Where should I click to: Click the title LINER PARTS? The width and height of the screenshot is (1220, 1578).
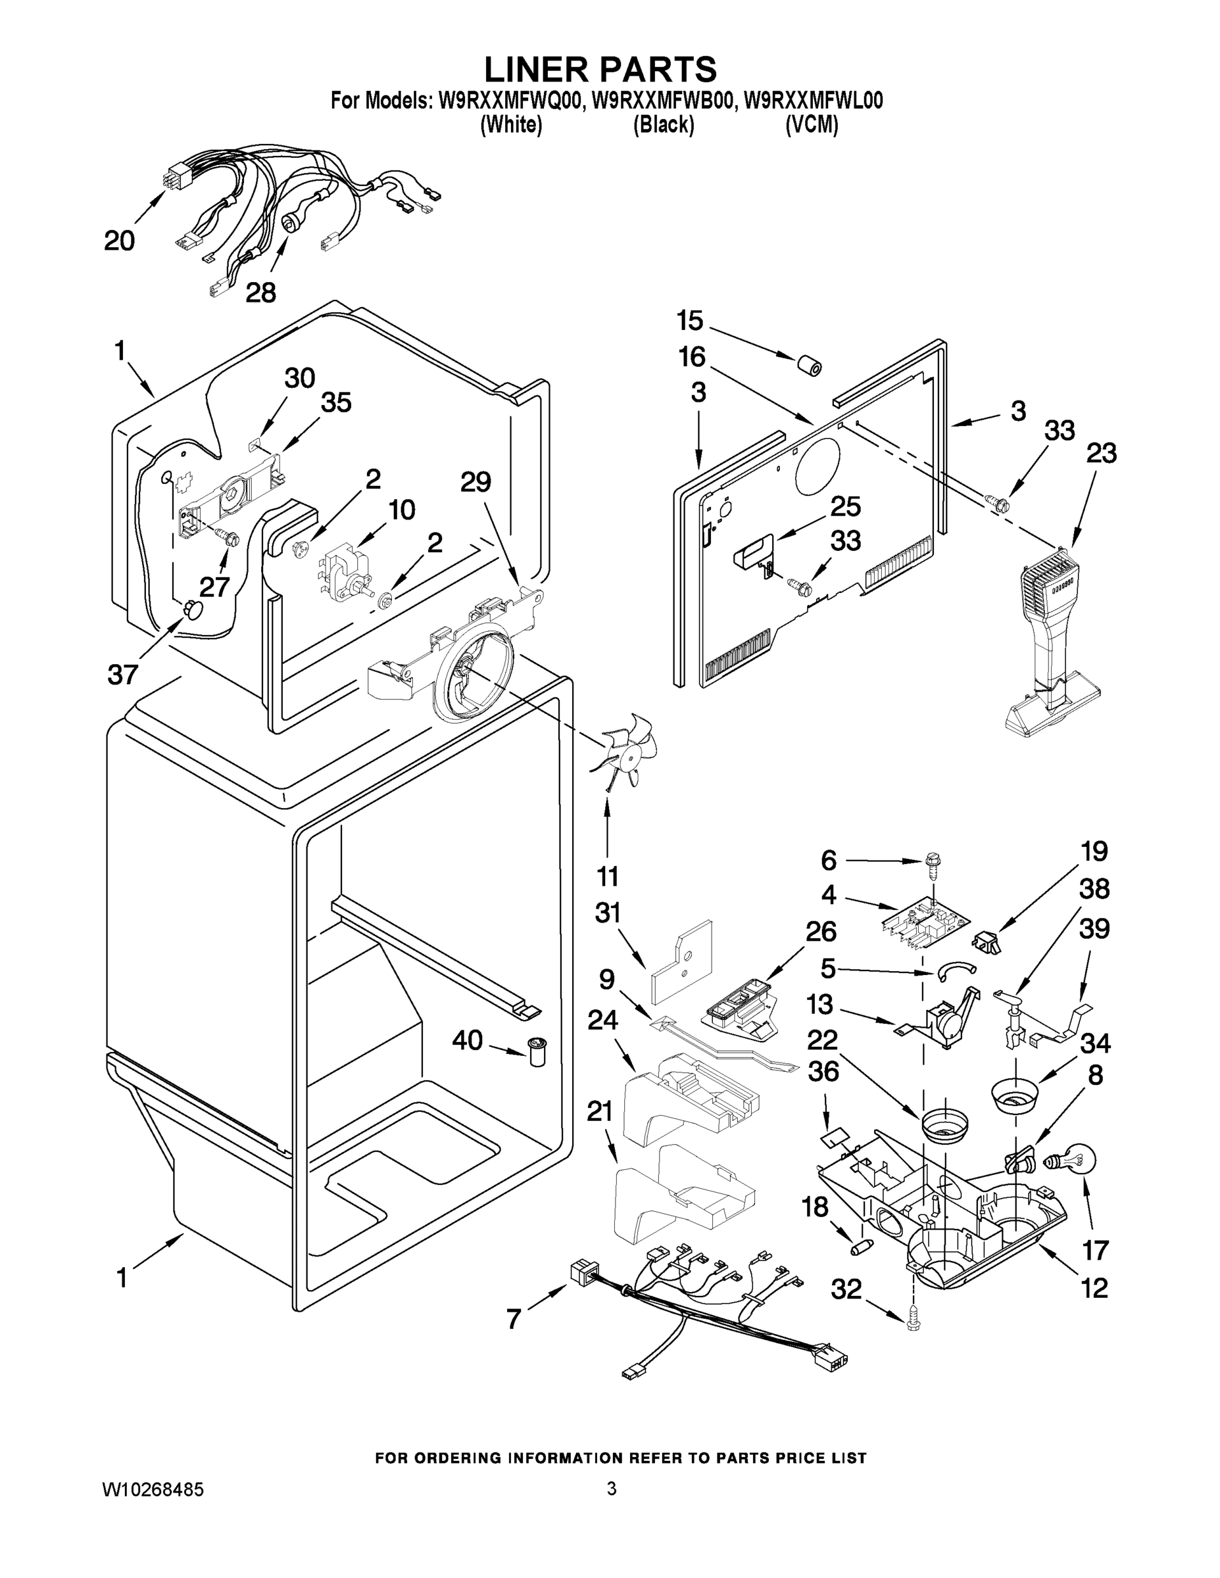tap(600, 70)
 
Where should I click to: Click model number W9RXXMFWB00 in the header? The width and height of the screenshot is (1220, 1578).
tap(662, 101)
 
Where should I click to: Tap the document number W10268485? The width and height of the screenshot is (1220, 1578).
tap(153, 1489)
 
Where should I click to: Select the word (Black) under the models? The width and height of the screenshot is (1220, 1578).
tap(664, 125)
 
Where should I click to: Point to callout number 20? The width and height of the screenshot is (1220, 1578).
tap(119, 241)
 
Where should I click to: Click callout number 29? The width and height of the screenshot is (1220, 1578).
tap(476, 482)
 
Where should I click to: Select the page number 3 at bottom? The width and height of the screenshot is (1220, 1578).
tap(612, 1489)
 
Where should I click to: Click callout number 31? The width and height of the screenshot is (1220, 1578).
tap(607, 913)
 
